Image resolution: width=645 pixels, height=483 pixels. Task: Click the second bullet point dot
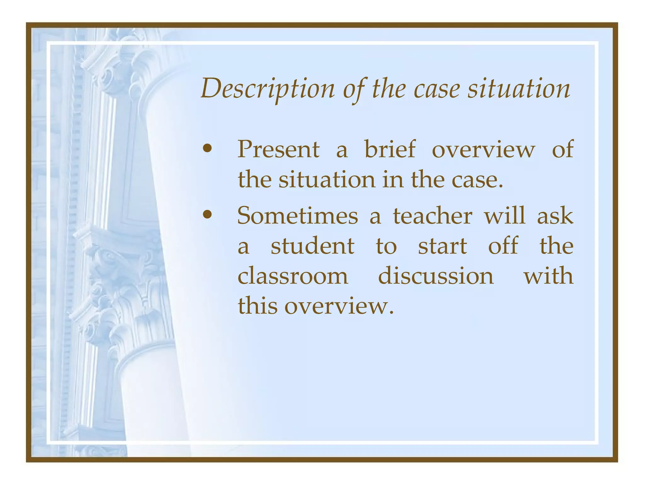[x=207, y=215]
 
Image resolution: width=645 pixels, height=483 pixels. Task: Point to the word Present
[x=278, y=149]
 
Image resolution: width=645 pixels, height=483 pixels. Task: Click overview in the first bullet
[x=483, y=150]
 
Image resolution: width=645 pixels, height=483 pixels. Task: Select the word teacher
[x=432, y=216]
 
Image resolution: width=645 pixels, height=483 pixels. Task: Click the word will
[x=505, y=215]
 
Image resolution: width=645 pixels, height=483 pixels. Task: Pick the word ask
[x=555, y=216]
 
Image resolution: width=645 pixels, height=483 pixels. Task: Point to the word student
[x=312, y=246]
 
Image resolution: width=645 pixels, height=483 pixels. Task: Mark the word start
[x=442, y=247]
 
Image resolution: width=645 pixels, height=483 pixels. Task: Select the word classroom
[x=293, y=276]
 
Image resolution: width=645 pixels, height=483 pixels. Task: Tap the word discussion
[x=436, y=276]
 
